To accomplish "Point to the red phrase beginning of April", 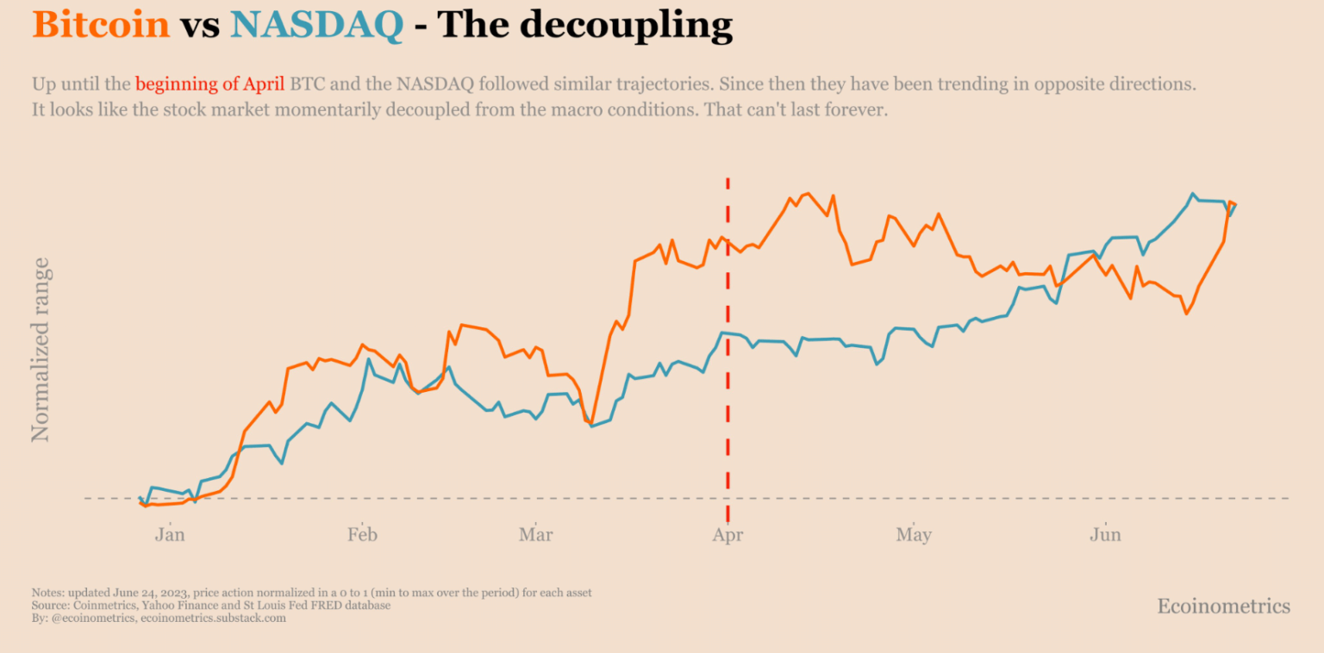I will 209,84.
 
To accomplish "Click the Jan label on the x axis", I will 170,535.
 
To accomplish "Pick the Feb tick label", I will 363,535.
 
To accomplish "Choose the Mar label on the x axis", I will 536,535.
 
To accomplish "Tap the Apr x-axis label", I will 728,535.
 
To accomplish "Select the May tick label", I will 914,535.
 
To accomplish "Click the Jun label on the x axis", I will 1105,535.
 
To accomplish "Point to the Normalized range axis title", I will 41,350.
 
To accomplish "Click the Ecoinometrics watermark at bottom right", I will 1223,606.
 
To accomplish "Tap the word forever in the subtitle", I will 852,110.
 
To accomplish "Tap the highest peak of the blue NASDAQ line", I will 1193,194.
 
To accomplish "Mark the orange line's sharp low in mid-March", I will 590,423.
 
